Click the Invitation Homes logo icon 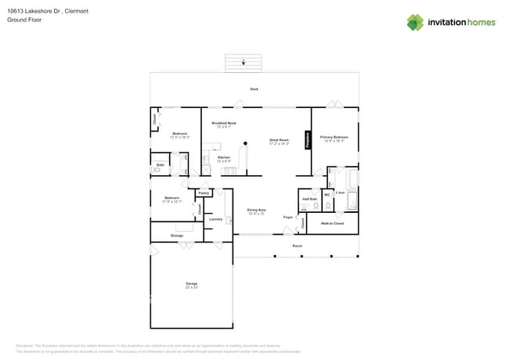coord(415,22)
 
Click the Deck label coord(254,89)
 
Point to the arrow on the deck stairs coord(243,61)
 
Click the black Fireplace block coord(308,142)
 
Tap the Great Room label coord(279,141)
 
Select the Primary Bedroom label coord(334,137)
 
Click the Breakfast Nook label coord(224,123)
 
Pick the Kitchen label coord(224,157)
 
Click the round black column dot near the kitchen coord(246,143)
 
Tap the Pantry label coord(204,193)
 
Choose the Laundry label coord(216,219)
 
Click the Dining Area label coord(257,211)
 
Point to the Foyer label coord(288,217)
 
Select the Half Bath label coord(309,199)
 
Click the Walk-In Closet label coord(333,224)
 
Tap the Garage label coord(192,283)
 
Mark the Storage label coord(177,235)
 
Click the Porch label coord(298,246)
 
